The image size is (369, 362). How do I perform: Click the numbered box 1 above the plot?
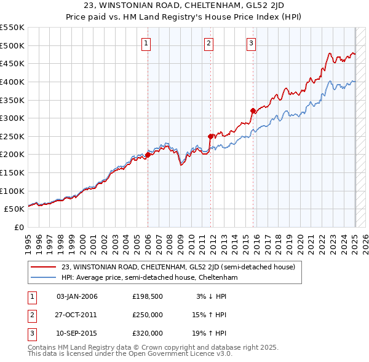click(146, 43)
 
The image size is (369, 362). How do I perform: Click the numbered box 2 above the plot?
click(209, 43)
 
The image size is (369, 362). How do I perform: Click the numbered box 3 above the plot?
click(252, 43)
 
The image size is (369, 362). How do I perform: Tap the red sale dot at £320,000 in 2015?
click(253, 111)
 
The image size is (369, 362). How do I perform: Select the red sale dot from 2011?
click(210, 136)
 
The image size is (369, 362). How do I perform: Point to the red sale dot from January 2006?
click(148, 155)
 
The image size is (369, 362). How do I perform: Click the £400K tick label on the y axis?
click(13, 82)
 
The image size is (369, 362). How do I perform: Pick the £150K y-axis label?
click(13, 172)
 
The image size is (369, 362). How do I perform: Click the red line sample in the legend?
click(44, 267)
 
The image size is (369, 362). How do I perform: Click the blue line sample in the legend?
click(44, 277)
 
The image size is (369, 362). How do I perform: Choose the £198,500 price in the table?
click(147, 296)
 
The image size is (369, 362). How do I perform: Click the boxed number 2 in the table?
click(32, 315)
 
